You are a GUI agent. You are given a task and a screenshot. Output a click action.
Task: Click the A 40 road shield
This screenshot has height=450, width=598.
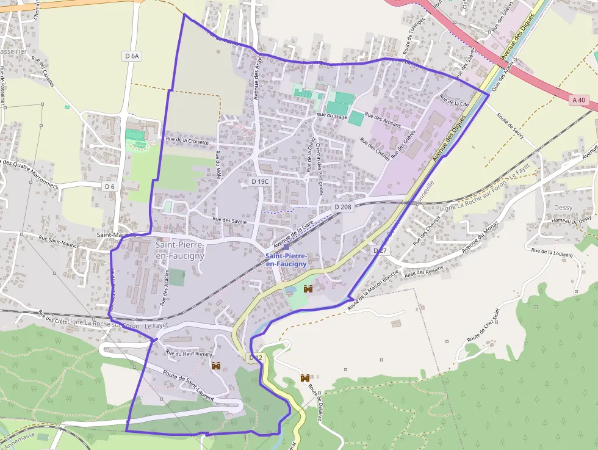click(578, 100)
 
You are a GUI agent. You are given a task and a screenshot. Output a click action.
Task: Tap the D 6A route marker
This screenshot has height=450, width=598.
click(132, 56)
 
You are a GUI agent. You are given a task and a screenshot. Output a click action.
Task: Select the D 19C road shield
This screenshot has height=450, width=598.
click(260, 181)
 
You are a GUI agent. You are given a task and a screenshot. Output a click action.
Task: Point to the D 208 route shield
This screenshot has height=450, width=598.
click(343, 207)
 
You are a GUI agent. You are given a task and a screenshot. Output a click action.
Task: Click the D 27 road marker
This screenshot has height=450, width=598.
click(380, 250)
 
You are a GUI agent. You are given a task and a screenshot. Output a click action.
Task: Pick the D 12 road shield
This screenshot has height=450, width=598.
click(255, 357)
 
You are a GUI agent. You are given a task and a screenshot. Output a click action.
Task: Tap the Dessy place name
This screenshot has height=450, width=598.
click(563, 208)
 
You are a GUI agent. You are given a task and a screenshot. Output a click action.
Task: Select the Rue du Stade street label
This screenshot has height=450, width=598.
click(332, 115)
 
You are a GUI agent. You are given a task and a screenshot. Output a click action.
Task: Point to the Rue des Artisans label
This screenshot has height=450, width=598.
click(383, 120)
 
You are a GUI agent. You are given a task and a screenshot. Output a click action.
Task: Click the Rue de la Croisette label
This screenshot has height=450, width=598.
click(187, 141)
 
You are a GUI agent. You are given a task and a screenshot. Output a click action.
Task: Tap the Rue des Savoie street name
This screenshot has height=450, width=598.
click(229, 220)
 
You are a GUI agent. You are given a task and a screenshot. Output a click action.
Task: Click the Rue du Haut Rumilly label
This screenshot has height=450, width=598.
click(189, 354)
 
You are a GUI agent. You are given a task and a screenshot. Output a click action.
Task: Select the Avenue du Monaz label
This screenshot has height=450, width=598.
click(480, 236)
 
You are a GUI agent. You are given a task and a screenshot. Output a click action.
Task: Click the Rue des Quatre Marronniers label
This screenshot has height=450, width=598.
click(29, 175)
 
